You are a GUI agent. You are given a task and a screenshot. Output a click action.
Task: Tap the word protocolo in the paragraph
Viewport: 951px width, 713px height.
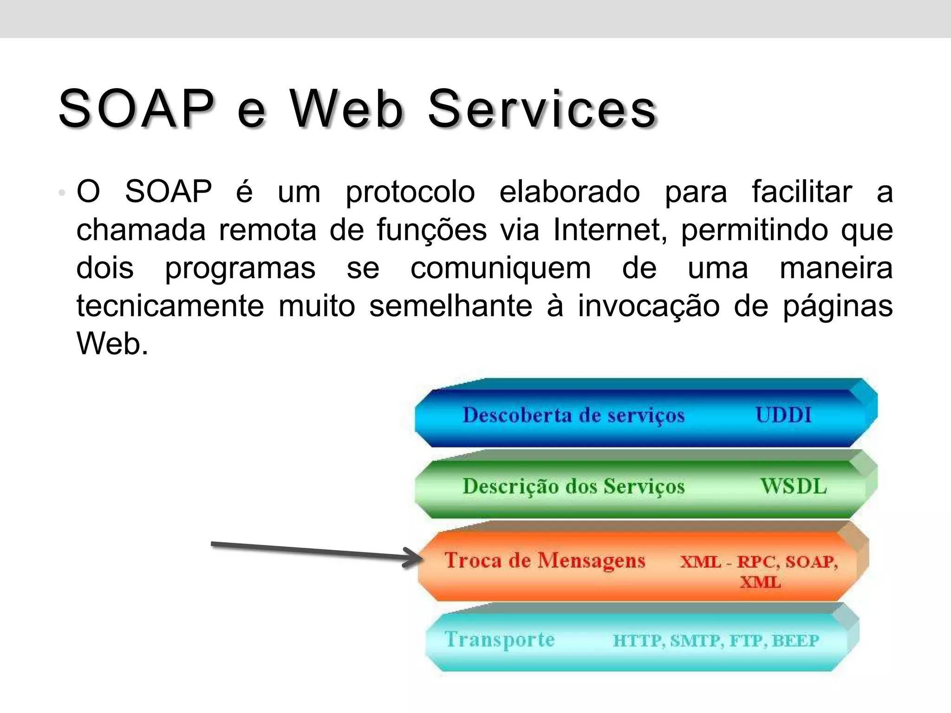[x=410, y=192]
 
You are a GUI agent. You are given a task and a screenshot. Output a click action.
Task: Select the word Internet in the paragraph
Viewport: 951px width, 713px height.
[x=610, y=230]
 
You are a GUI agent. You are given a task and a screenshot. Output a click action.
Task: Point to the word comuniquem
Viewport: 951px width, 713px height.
[x=501, y=268]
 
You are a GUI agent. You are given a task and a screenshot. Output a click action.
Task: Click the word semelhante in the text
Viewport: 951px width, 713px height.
[x=450, y=306]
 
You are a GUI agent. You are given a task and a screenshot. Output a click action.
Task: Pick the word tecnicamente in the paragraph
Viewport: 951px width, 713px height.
[x=170, y=306]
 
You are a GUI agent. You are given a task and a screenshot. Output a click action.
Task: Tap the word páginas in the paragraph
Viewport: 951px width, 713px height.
[x=838, y=307]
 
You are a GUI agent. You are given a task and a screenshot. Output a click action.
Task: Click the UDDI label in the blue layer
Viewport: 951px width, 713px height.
[x=783, y=415]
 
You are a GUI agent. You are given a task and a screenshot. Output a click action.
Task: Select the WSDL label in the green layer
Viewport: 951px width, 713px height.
[x=794, y=486]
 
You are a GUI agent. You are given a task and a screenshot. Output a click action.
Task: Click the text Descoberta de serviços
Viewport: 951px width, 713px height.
[x=573, y=415]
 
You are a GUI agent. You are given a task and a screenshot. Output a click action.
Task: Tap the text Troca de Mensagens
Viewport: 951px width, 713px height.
[x=545, y=560]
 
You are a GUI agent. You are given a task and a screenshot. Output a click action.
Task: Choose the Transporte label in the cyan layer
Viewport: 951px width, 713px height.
[x=500, y=640]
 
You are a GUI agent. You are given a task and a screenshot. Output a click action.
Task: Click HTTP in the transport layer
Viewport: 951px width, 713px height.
[x=637, y=641]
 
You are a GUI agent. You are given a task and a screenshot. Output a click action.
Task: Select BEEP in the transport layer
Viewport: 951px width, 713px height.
[x=795, y=641]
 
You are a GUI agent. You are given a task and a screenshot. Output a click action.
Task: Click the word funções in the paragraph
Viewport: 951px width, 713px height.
[x=431, y=230]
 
